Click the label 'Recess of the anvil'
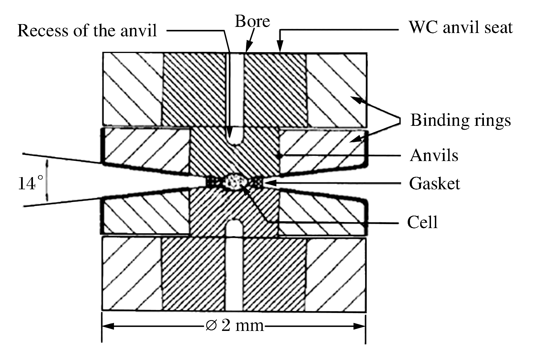click(x=87, y=30)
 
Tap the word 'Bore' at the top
click(x=252, y=21)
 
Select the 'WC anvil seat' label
click(x=461, y=28)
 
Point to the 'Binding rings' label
click(x=460, y=120)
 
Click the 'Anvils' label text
click(x=434, y=155)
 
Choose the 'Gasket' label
click(x=435, y=183)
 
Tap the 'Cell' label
click(x=422, y=222)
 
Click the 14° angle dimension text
click(x=31, y=183)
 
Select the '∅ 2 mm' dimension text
click(x=235, y=326)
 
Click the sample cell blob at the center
click(x=235, y=182)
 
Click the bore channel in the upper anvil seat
click(x=235, y=89)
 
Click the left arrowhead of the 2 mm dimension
click(x=108, y=326)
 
